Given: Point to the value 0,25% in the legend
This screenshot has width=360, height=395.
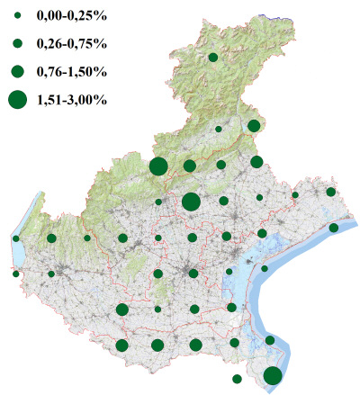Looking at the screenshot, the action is (x=90, y=17).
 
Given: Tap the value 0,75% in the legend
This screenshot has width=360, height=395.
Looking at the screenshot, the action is (x=90, y=43).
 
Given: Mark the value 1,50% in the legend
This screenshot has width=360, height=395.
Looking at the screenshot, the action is (x=90, y=71).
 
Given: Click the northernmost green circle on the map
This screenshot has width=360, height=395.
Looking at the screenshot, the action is (x=213, y=58).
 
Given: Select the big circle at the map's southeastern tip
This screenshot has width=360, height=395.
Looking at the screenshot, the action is (x=273, y=376).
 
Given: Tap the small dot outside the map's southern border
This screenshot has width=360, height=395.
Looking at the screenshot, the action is (x=237, y=379).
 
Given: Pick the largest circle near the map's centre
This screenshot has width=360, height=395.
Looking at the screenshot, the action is (x=191, y=202).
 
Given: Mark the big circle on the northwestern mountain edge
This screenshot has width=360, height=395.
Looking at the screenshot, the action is (x=158, y=166).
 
